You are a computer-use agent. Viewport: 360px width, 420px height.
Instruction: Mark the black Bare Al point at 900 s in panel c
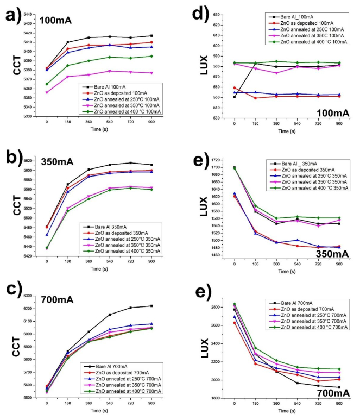[x=151, y=306]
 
